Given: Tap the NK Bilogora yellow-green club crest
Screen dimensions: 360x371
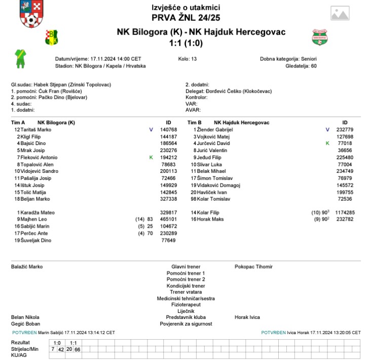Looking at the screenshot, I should (52, 36).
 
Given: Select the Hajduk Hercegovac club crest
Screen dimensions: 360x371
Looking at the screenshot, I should (319, 37).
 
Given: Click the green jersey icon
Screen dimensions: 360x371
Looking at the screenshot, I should (20, 58).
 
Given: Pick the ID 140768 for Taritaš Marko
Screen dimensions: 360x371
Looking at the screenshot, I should (168, 130).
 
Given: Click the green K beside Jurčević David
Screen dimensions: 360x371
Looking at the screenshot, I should (327, 143).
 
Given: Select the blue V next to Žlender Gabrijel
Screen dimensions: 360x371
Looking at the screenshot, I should (327, 130).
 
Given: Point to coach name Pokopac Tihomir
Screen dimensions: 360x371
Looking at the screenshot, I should (253, 267).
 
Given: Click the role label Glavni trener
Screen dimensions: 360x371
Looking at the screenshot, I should (185, 267).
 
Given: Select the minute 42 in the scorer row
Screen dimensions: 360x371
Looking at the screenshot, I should (61, 349).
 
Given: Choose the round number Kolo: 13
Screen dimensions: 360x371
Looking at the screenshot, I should (188, 59).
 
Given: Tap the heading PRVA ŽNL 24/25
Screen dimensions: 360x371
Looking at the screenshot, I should (185, 18).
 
